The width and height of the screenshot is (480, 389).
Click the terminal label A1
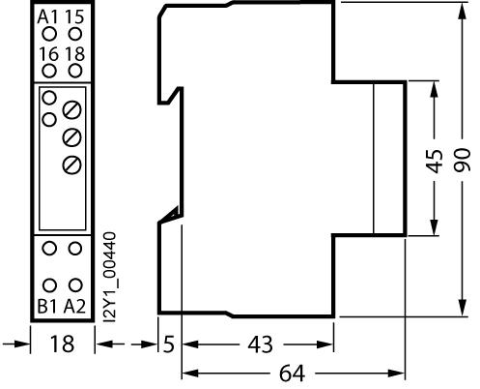pyautogui.click(x=47, y=16)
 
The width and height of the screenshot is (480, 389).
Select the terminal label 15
pyautogui.click(x=74, y=16)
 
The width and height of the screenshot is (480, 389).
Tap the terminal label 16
pyautogui.click(x=49, y=54)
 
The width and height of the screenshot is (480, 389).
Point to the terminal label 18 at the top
pyautogui.click(x=75, y=54)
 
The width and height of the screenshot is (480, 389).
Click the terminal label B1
pyautogui.click(x=47, y=307)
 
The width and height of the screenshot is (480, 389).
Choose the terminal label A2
pyautogui.click(x=74, y=307)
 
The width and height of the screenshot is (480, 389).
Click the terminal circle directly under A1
pyautogui.click(x=49, y=34)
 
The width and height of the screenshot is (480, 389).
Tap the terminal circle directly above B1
pyautogui.click(x=49, y=285)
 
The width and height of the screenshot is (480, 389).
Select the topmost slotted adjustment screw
pyautogui.click(x=71, y=110)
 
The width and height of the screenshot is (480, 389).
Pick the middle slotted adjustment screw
pyautogui.click(x=71, y=137)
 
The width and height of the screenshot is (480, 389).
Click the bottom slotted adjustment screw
pyautogui.click(x=71, y=165)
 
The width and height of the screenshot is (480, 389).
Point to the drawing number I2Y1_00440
pyautogui.click(x=110, y=277)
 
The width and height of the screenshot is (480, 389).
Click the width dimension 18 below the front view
pyautogui.click(x=62, y=344)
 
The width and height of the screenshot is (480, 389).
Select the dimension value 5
pyautogui.click(x=169, y=344)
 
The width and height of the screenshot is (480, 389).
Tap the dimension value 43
pyautogui.click(x=260, y=344)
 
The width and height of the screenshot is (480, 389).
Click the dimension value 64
pyautogui.click(x=292, y=374)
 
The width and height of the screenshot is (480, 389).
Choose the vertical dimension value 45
pyautogui.click(x=435, y=161)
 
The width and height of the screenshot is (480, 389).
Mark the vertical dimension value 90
pyautogui.click(x=463, y=160)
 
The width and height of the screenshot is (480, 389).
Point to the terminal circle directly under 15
pyautogui.click(x=75, y=34)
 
